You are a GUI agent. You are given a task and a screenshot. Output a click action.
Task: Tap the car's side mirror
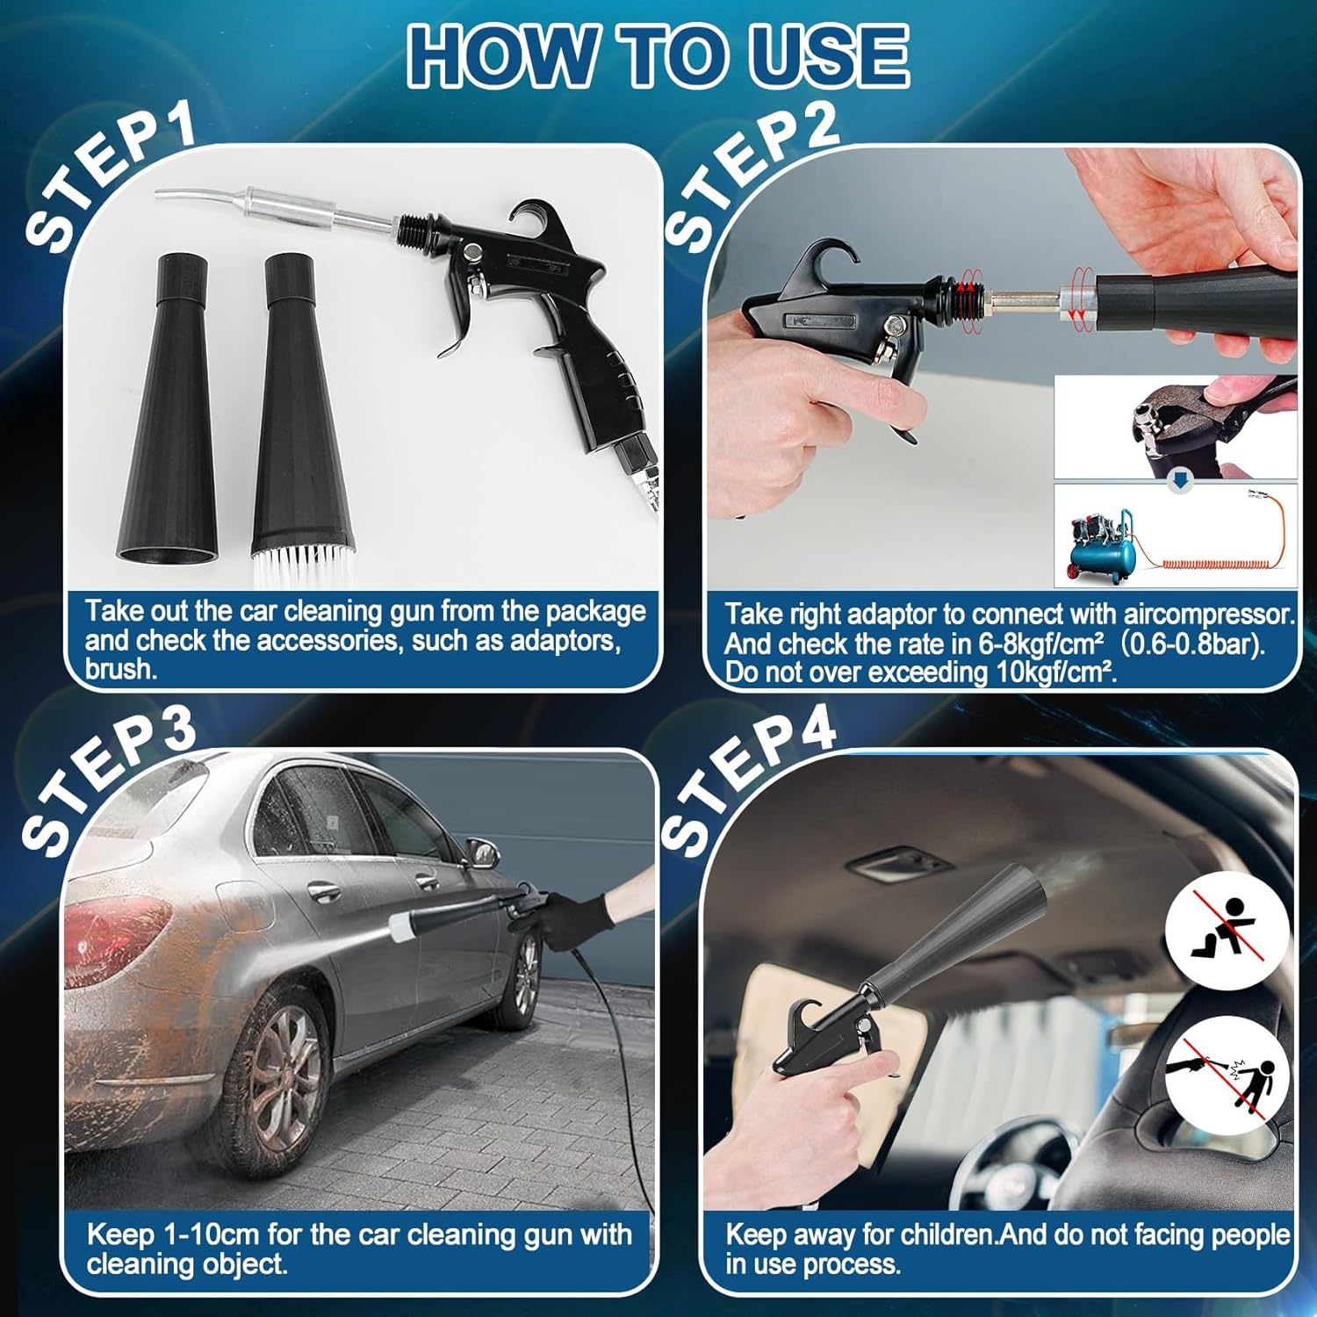pyautogui.click(x=481, y=852)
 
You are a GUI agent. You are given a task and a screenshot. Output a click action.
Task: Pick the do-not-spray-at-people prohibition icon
pyautogui.click(x=1227, y=1076)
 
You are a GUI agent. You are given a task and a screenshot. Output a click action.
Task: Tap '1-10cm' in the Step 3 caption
pyautogui.click(x=211, y=1234)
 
